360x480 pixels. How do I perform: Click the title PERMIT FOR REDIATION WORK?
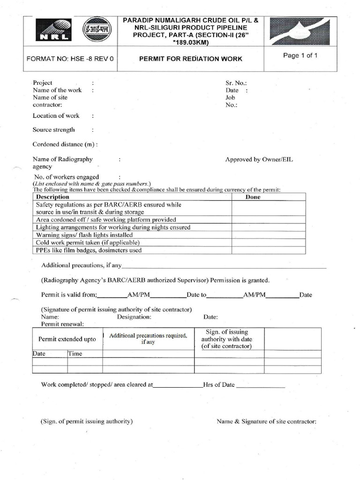[x=191, y=59]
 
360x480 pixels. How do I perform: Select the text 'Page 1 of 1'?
[x=300, y=55]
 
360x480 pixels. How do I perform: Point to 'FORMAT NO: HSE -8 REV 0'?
[x=70, y=59]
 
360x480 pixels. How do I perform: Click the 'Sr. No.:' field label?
[x=236, y=82]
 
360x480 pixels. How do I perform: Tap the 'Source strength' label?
[x=53, y=130]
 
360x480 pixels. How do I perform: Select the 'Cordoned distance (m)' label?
[x=65, y=145]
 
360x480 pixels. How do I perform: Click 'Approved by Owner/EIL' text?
[x=259, y=159]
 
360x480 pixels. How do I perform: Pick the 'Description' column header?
[x=52, y=197]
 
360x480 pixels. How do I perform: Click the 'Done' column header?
[x=253, y=197]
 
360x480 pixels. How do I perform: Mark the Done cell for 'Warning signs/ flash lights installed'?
[x=269, y=235]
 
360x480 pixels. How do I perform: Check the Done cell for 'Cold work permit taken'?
[x=269, y=242]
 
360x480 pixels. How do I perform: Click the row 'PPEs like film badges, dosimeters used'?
[x=89, y=250]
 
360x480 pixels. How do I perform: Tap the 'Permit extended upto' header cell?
[x=67, y=339]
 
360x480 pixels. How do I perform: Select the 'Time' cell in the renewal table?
[x=75, y=354]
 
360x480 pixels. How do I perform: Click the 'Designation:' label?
[x=134, y=317]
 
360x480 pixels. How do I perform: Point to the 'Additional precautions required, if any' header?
[x=148, y=338]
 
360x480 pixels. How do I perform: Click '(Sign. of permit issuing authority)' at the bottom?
[x=87, y=421]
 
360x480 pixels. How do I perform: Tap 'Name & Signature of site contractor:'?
[x=266, y=421]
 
